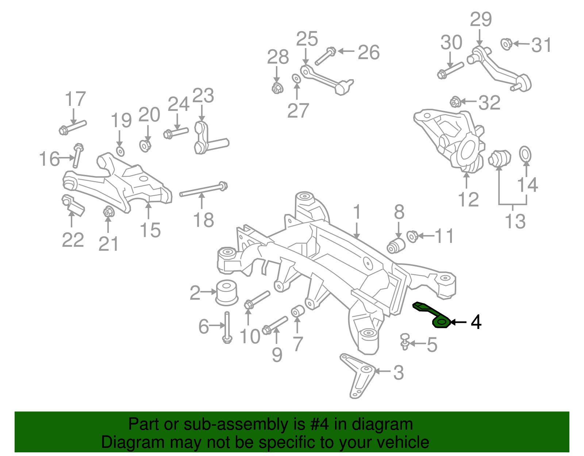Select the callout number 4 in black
click(476, 322)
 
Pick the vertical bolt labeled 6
click(227, 327)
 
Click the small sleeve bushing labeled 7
click(297, 311)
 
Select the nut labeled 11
click(412, 236)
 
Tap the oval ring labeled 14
click(525, 154)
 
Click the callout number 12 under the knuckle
click(468, 199)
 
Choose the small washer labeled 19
click(120, 151)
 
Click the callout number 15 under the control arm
click(150, 230)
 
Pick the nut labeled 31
click(506, 44)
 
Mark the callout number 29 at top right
click(481, 19)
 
